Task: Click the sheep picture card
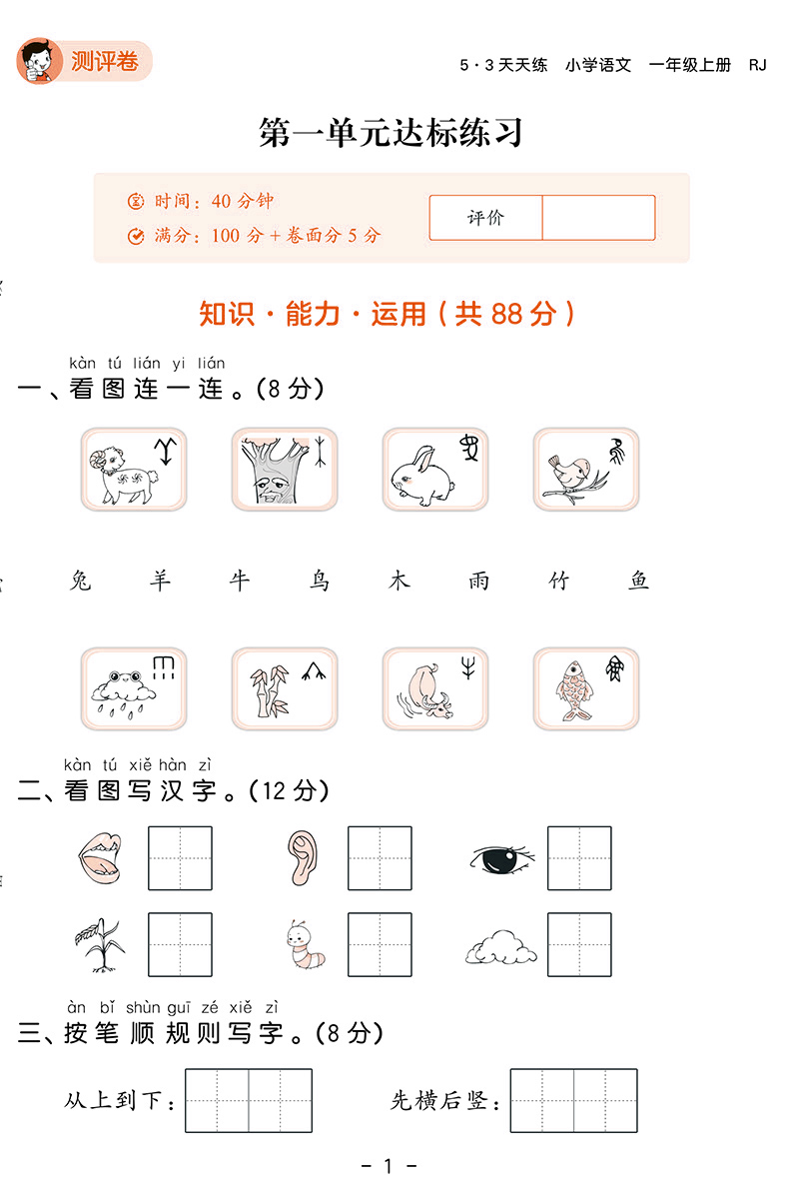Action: pyautogui.click(x=134, y=469)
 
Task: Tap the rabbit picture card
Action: pyautogui.click(x=435, y=469)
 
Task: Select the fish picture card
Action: pyautogui.click(x=585, y=689)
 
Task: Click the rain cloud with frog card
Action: pyautogui.click(x=134, y=689)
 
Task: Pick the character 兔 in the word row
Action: pyautogui.click(x=81, y=582)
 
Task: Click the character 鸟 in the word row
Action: pyautogui.click(x=320, y=582)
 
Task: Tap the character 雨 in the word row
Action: pyautogui.click(x=478, y=582)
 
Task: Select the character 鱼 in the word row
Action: pyautogui.click(x=639, y=582)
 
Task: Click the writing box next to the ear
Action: pyautogui.click(x=380, y=858)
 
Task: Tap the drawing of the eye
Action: pyautogui.click(x=501, y=859)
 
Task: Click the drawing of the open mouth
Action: pyautogui.click(x=100, y=858)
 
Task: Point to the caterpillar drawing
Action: pyautogui.click(x=306, y=945)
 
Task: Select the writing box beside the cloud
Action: pyautogui.click(x=579, y=945)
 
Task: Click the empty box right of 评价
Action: pyautogui.click(x=598, y=218)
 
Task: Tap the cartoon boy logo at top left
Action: pyautogui.click(x=40, y=61)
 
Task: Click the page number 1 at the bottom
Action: pyautogui.click(x=389, y=1165)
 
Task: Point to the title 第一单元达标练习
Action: pyautogui.click(x=392, y=132)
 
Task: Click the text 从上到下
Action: pyautogui.click(x=113, y=1101)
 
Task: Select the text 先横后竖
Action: pyautogui.click(x=439, y=1101)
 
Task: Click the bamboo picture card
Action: pyautogui.click(x=285, y=689)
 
